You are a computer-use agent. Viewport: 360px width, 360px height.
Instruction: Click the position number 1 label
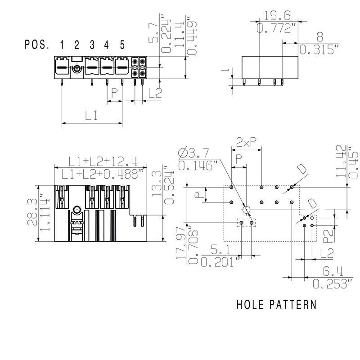[x=62, y=45]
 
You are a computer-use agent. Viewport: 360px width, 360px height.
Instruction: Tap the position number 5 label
[x=122, y=45]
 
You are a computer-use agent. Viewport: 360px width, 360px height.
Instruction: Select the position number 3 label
[x=92, y=45]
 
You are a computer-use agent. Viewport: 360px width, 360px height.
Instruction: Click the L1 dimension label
[x=91, y=116]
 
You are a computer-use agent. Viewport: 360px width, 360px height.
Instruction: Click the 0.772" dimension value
[x=277, y=28]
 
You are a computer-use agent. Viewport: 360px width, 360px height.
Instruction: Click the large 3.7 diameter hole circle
[x=246, y=210]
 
